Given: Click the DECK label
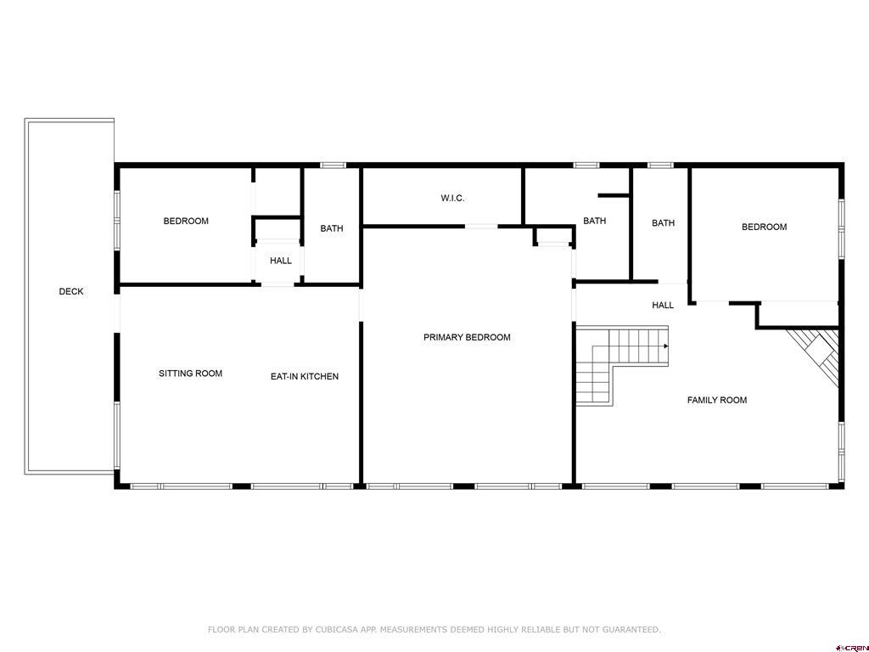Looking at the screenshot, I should [71, 292].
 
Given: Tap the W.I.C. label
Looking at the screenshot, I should [452, 199].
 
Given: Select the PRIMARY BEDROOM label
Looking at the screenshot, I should [467, 338].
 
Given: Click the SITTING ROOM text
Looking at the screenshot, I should [190, 374].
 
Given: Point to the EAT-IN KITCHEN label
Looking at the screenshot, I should [304, 376].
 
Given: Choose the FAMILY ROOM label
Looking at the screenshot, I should [716, 400].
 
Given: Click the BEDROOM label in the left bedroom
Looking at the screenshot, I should [186, 222].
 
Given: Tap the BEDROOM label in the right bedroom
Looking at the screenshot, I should [764, 227].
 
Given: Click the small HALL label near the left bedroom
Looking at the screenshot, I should [281, 261].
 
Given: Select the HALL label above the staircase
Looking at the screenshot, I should [663, 306].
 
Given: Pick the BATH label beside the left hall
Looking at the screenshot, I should [332, 228].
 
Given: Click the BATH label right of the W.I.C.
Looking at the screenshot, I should [594, 222].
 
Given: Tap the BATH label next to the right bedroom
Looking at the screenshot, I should [663, 223].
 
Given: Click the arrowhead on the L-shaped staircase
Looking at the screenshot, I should [666, 346].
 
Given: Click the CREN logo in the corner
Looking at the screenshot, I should [851, 646].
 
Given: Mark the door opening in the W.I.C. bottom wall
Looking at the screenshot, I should [481, 227].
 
